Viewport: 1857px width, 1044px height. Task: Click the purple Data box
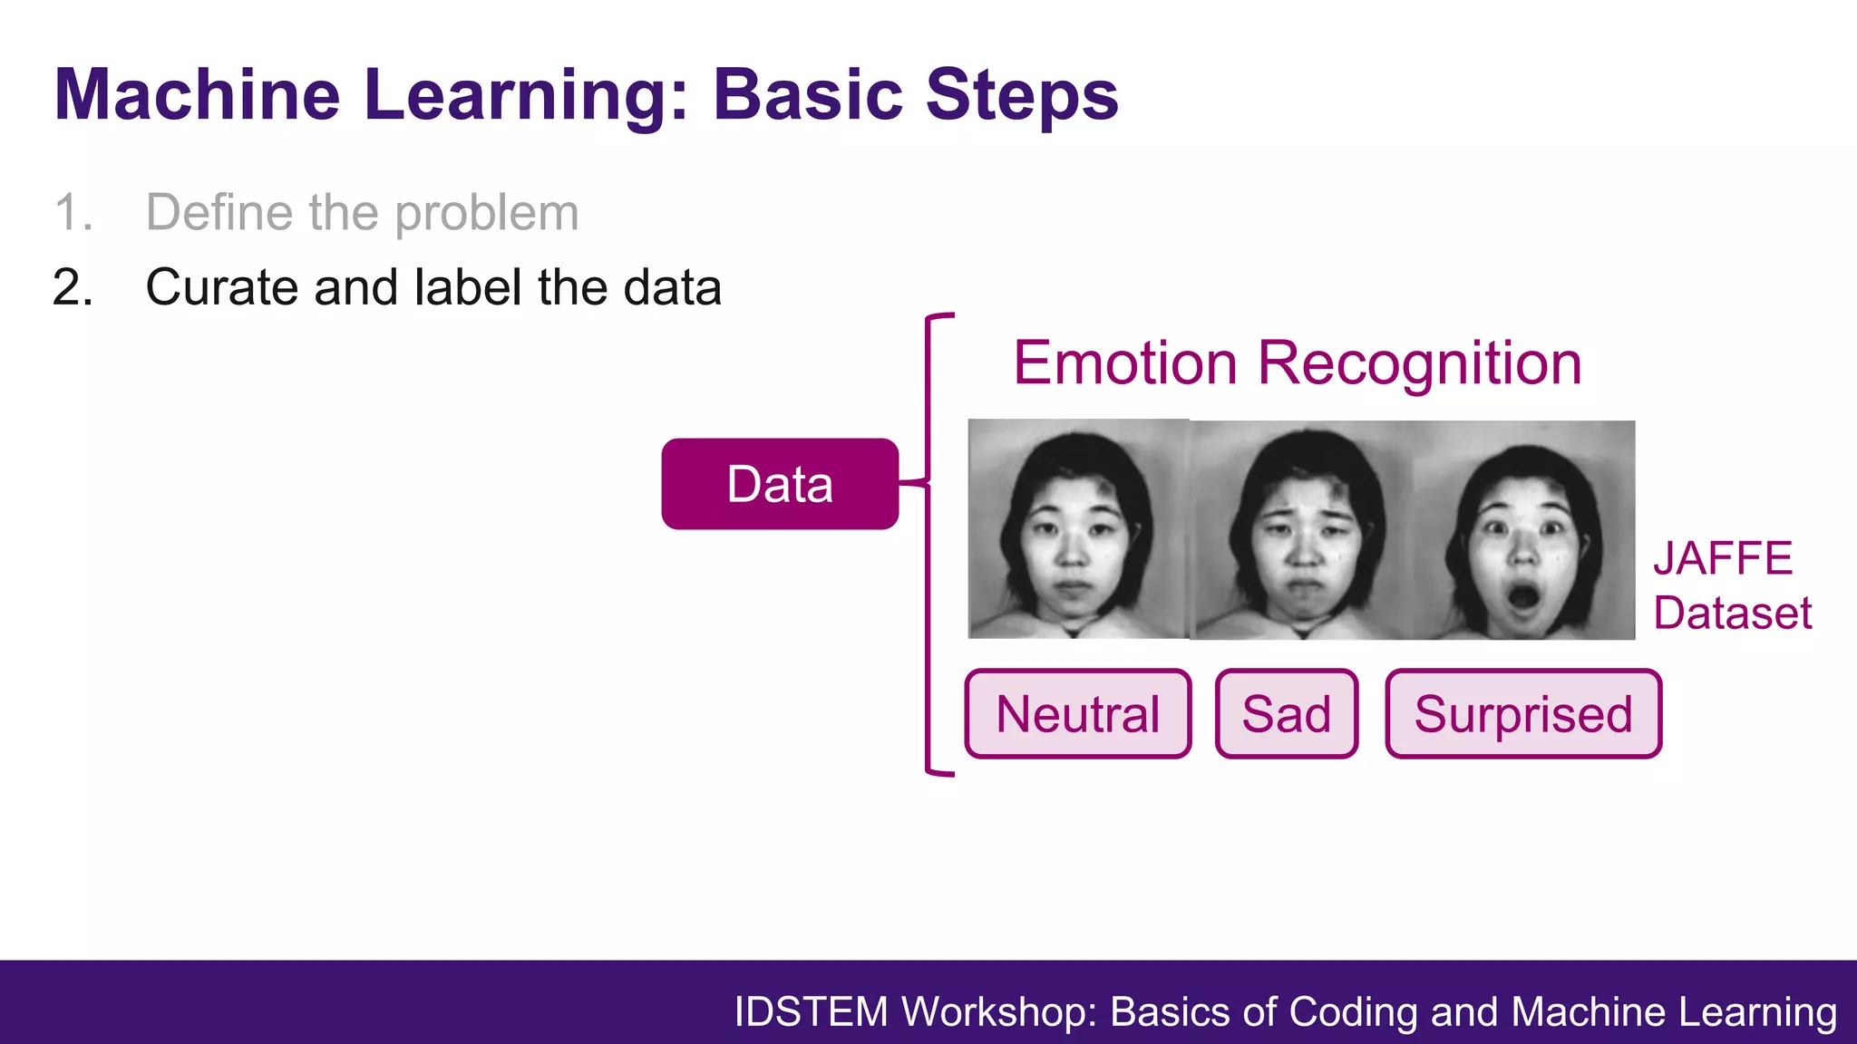[x=780, y=484]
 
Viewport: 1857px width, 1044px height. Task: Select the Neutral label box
[x=1077, y=714]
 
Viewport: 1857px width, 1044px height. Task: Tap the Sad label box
[x=1286, y=714]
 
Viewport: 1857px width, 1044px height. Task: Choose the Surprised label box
[x=1523, y=714]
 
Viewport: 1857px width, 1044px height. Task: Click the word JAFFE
[x=1723, y=558]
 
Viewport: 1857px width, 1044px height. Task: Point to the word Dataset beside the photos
[x=1732, y=614]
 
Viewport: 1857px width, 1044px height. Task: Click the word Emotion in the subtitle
[x=1124, y=363]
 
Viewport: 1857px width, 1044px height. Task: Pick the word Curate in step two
[x=221, y=288]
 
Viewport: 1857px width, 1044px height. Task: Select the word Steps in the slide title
[x=1022, y=96]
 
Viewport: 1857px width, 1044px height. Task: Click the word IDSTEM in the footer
[x=811, y=1011]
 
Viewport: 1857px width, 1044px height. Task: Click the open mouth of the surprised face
[x=1522, y=597]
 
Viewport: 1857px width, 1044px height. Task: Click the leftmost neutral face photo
[x=1077, y=530]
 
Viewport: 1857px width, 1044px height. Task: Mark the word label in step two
[x=468, y=288]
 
